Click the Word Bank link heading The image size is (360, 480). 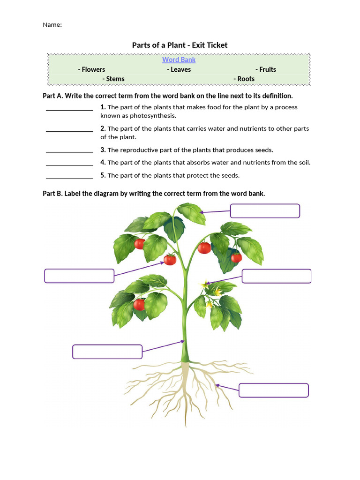(179, 60)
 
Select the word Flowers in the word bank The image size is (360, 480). (93, 69)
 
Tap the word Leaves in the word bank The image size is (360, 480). (180, 69)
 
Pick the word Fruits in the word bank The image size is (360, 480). (268, 69)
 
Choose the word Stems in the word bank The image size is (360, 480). (115, 79)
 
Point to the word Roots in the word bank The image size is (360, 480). (246, 79)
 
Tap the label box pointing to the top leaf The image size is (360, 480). (265, 211)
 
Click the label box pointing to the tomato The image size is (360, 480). (79, 276)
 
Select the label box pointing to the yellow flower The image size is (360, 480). (277, 276)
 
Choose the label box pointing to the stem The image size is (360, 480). (107, 352)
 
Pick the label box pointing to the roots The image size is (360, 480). (274, 390)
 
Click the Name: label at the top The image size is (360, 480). (52, 25)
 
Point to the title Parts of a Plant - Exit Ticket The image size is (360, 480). (180, 45)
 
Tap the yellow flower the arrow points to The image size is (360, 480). (205, 284)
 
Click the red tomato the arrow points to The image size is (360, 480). (170, 260)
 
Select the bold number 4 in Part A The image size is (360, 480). (103, 162)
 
